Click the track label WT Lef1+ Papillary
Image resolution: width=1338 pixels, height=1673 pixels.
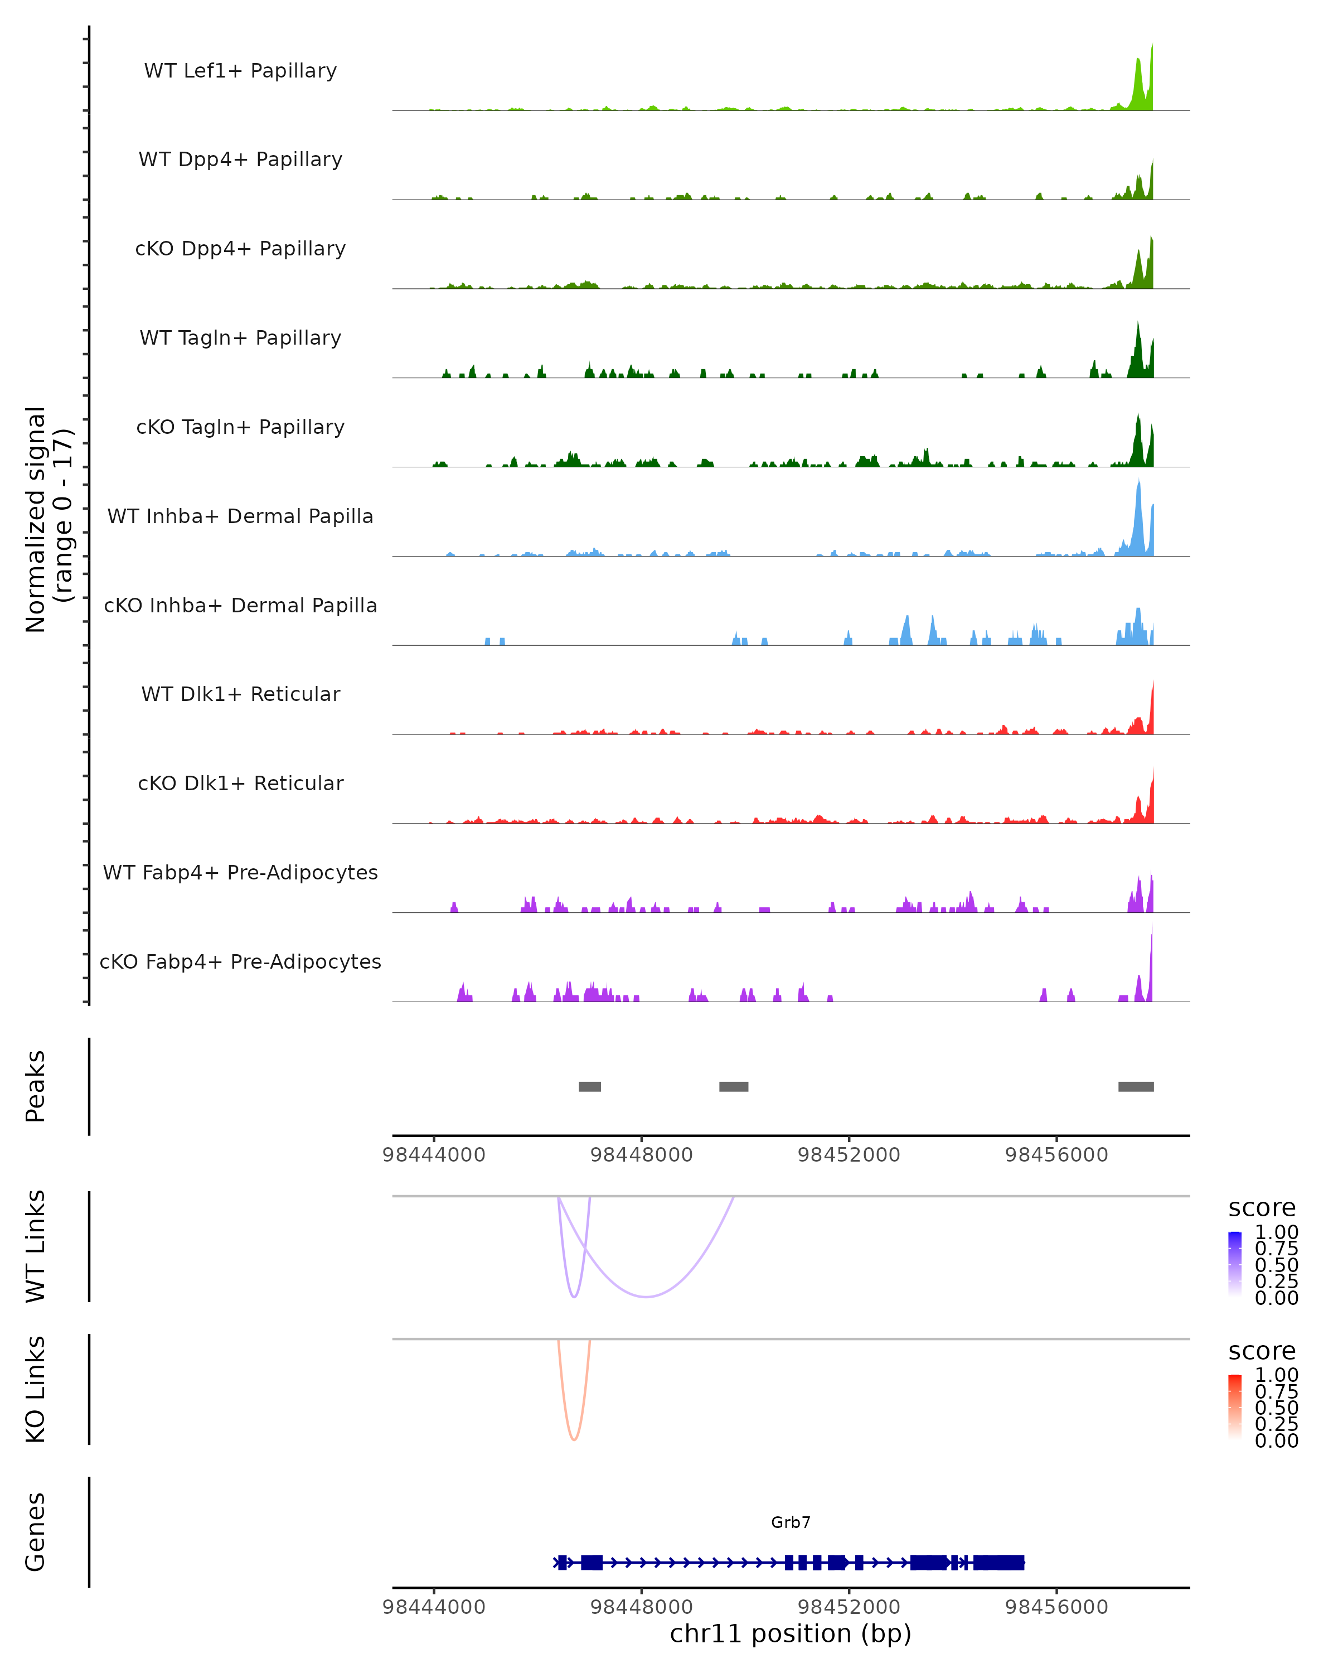[240, 71]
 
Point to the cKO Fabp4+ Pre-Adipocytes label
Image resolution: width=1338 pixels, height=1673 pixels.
[240, 961]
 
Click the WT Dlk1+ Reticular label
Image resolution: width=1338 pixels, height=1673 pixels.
[240, 694]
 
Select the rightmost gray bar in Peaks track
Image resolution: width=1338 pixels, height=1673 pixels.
[1136, 1086]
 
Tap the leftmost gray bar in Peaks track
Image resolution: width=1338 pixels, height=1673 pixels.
[589, 1086]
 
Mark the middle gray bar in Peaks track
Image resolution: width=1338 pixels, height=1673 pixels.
[733, 1086]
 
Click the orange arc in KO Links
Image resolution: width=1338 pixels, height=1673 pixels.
[574, 1439]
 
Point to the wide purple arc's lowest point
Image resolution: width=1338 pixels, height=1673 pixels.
[646, 1297]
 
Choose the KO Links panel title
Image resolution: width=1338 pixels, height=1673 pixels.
[36, 1389]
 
